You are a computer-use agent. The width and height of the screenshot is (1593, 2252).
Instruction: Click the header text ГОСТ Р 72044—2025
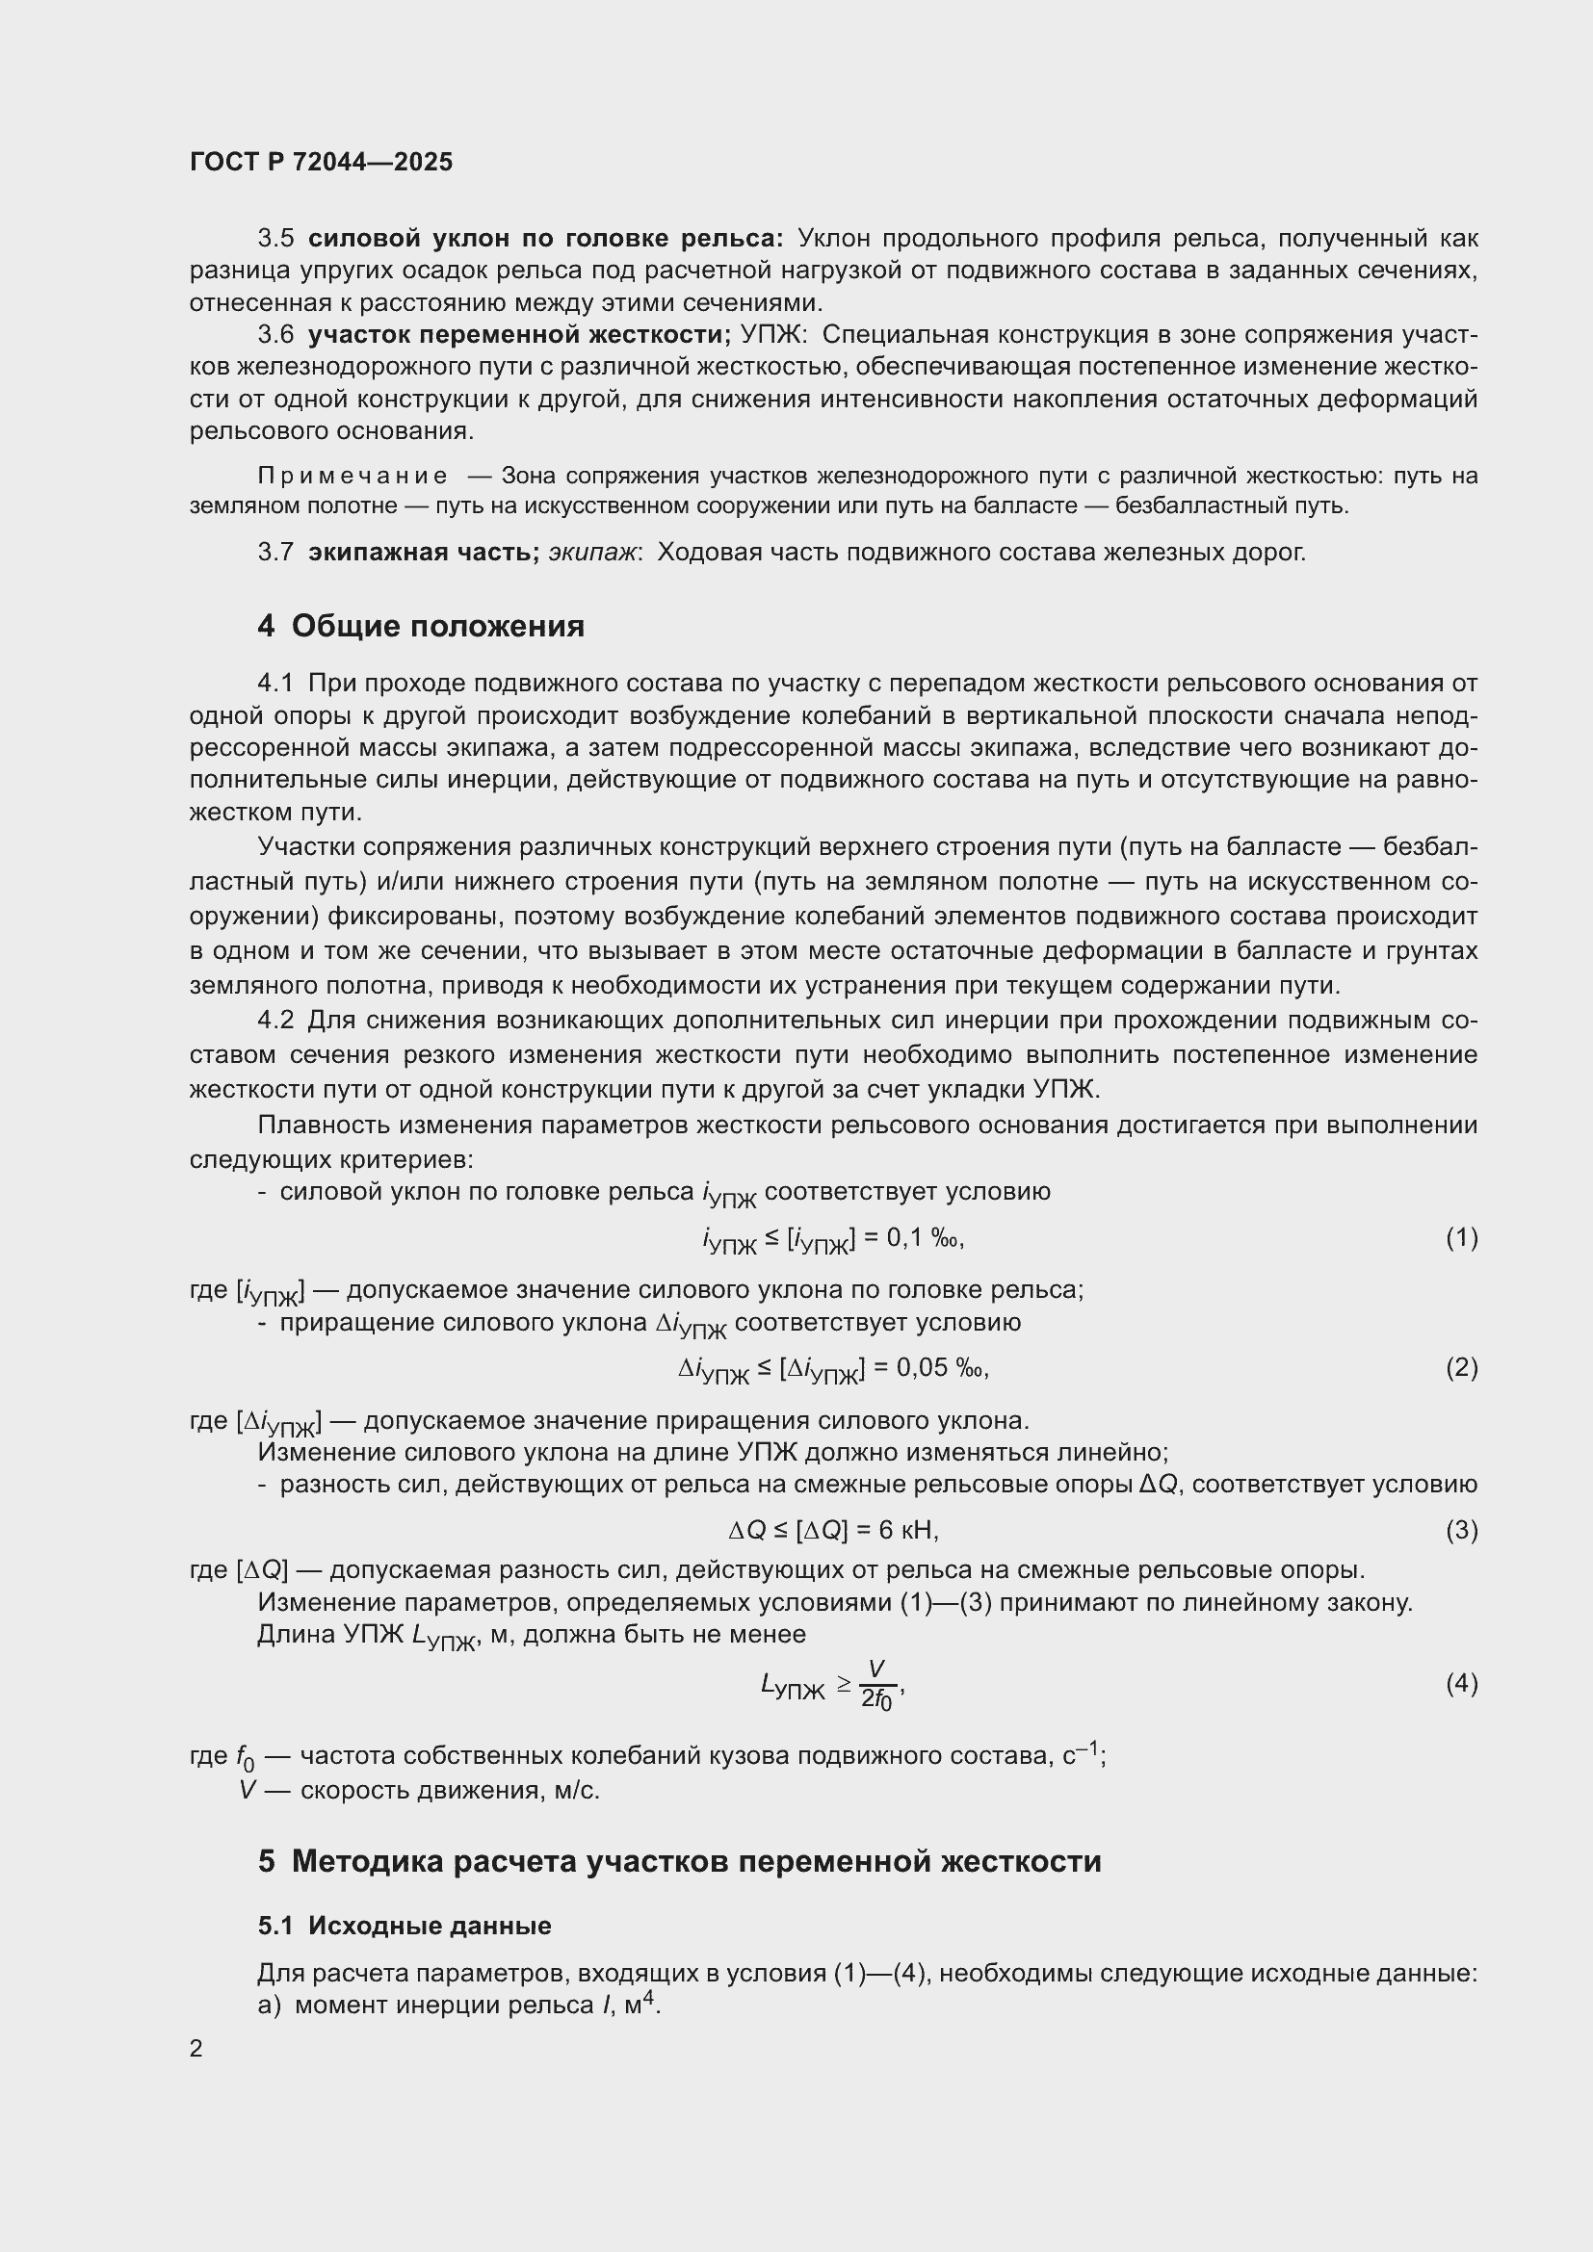coord(321,162)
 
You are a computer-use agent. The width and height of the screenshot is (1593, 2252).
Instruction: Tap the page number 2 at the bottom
coord(196,2048)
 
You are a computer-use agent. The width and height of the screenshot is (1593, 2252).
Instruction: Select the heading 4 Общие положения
coord(421,626)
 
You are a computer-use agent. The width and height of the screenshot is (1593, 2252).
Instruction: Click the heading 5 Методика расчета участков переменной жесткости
coord(679,1861)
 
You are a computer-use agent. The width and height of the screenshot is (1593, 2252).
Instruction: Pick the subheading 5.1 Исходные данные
coord(405,1926)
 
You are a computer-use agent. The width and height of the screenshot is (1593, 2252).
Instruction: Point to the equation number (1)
coord(1461,1238)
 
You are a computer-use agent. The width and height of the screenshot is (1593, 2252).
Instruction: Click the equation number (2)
coord(1461,1367)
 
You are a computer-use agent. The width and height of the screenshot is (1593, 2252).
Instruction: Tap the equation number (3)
coord(1461,1529)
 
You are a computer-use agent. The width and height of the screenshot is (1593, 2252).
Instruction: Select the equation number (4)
coord(1461,1683)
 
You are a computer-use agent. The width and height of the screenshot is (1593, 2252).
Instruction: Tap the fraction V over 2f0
coord(875,1685)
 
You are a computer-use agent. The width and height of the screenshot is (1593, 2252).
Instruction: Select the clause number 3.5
coord(275,239)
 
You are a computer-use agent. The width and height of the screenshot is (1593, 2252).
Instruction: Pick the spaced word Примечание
coord(353,477)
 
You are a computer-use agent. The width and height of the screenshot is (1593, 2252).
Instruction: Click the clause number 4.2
coord(275,1020)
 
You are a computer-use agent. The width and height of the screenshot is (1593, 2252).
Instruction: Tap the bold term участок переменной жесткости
coord(519,334)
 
